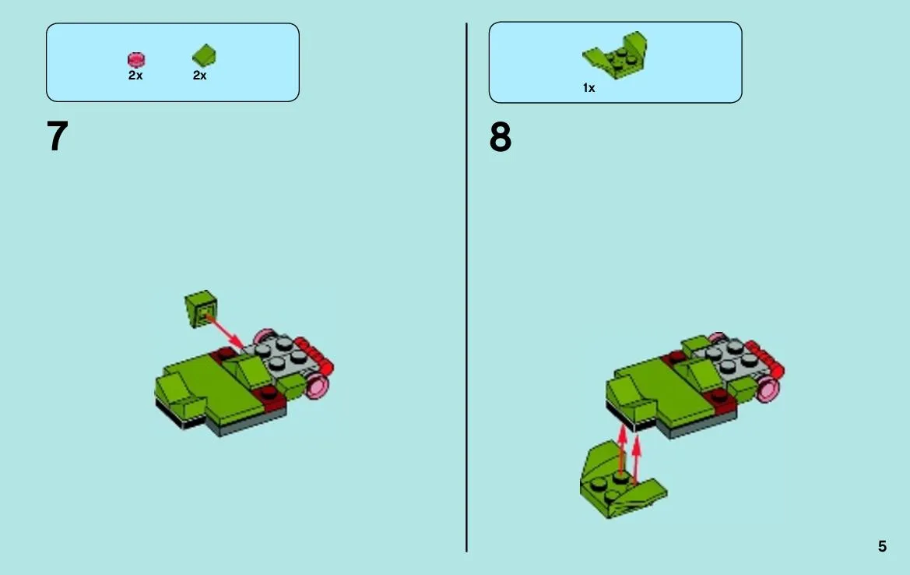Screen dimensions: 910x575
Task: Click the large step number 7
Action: pyautogui.click(x=58, y=136)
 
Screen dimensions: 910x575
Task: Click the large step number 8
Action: pyautogui.click(x=501, y=138)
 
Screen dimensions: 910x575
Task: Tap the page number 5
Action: pyautogui.click(x=882, y=546)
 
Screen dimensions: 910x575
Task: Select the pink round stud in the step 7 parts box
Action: pyautogui.click(x=136, y=60)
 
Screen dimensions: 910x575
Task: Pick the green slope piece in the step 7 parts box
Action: pyautogui.click(x=204, y=56)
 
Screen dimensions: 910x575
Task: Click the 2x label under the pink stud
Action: pyautogui.click(x=135, y=76)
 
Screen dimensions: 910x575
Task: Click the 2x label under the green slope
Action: pyautogui.click(x=199, y=76)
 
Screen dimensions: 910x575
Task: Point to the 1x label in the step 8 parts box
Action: pyautogui.click(x=589, y=88)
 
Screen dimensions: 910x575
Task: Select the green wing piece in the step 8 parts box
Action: pyautogui.click(x=615, y=55)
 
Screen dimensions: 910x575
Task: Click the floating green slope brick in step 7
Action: pyautogui.click(x=201, y=309)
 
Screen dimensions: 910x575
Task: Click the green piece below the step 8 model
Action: pyautogui.click(x=622, y=480)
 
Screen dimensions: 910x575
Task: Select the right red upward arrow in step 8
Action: pyautogui.click(x=636, y=459)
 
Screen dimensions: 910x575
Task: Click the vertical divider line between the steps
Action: pyautogui.click(x=466, y=287)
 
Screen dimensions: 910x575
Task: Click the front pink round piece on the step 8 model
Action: pyautogui.click(x=768, y=389)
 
